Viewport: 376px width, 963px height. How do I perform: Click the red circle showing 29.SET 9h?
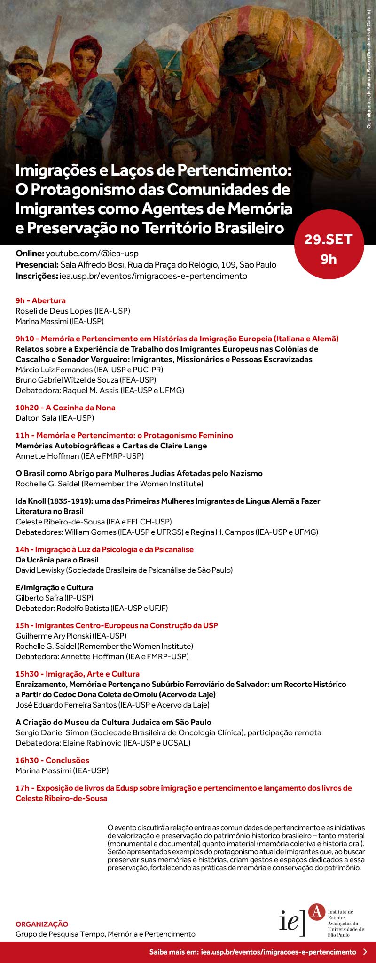point(329,249)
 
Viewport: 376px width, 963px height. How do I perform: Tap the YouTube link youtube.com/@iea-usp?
point(92,254)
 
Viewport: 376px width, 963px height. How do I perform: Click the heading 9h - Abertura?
point(40,300)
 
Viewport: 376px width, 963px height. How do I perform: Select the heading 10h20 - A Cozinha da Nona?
point(65,408)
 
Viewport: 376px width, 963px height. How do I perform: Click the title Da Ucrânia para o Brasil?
point(57,560)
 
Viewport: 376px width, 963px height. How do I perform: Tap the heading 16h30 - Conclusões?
point(52,760)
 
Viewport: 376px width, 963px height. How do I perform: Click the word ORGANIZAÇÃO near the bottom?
point(42,924)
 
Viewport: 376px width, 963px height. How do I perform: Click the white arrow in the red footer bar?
point(366,952)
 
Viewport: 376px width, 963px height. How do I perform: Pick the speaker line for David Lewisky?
point(124,570)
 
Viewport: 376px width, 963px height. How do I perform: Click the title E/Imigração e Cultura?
point(54,587)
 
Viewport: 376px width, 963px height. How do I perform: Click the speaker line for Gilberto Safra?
point(54,598)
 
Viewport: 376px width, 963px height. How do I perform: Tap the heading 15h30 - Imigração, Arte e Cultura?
point(78,674)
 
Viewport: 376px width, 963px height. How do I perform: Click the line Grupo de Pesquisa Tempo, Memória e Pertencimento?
point(105,934)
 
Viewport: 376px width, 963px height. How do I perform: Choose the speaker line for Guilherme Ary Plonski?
point(71,636)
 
